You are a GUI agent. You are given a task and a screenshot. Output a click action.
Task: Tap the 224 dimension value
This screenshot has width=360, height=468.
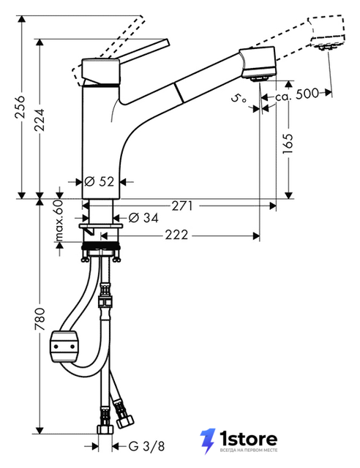click(x=39, y=120)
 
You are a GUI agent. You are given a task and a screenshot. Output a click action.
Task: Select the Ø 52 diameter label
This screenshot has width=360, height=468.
click(x=100, y=181)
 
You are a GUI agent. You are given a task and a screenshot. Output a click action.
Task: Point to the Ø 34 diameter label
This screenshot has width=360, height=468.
click(x=143, y=218)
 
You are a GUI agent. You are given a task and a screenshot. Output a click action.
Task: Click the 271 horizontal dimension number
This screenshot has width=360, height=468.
click(x=182, y=205)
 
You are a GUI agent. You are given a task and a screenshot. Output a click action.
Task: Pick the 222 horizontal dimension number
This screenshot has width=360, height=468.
click(x=176, y=235)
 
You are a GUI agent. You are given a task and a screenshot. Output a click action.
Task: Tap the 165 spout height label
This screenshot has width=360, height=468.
click(x=288, y=144)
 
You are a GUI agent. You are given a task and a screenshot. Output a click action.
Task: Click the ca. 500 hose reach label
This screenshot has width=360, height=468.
click(x=297, y=94)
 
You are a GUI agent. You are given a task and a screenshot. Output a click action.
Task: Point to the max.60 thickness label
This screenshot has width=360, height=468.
click(x=59, y=220)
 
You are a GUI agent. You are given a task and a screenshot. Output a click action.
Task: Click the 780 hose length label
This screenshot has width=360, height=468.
click(x=39, y=320)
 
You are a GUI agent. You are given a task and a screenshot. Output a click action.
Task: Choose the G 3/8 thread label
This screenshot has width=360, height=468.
click(x=146, y=447)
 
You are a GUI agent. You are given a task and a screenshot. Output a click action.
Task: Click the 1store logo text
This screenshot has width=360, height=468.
click(x=248, y=439)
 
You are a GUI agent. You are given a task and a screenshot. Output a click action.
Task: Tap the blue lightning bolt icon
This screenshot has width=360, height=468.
click(x=208, y=441)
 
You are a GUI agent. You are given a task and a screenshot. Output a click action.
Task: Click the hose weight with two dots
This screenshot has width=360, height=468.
click(x=64, y=347)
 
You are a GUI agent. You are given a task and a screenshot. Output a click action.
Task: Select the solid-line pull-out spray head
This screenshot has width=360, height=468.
click(x=258, y=64)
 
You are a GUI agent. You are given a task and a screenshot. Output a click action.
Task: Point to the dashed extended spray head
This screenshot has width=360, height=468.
click(x=327, y=32)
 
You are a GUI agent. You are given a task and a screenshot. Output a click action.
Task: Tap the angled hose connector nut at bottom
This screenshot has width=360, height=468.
click(x=125, y=422)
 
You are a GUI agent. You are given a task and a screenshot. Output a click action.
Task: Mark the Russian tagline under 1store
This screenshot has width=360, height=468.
click(x=249, y=450)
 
